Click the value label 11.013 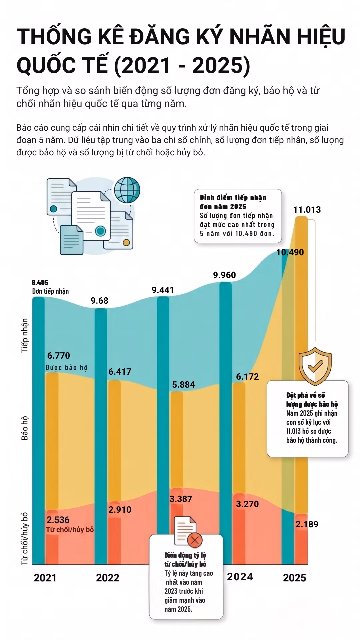point(307,210)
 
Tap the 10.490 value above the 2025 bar point(290,252)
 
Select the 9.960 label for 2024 point(224,275)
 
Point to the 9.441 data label point(163,290)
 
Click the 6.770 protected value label point(59,356)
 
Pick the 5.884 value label point(183,385)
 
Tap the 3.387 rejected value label point(181,499)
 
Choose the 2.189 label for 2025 point(307,524)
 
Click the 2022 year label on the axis point(108,578)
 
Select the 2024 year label point(240,577)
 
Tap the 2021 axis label point(45,578)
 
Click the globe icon point(127,190)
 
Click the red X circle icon point(195,540)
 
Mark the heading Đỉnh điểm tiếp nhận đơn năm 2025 point(233,202)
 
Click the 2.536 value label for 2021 point(58,520)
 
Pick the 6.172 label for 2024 point(247,377)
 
